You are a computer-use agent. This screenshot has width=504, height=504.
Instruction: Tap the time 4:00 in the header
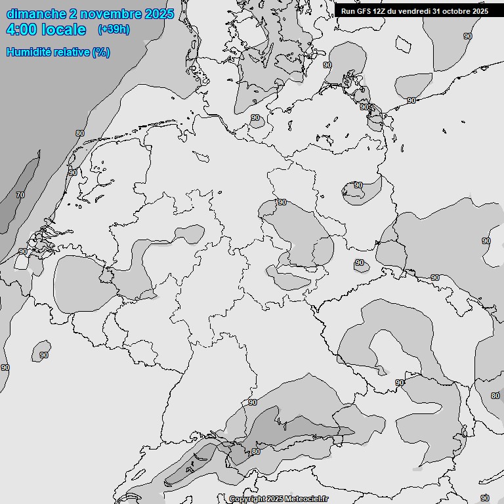(20, 30)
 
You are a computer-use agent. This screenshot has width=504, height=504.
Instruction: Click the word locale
(64, 30)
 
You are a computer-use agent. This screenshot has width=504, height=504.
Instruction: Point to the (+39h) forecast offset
(114, 30)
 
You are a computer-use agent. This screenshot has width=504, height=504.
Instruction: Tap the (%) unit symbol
(101, 52)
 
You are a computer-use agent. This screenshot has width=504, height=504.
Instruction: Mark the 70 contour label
(20, 195)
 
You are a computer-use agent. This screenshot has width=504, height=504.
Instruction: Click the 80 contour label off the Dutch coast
(80, 133)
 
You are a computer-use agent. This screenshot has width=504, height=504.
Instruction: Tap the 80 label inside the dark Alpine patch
(256, 451)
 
